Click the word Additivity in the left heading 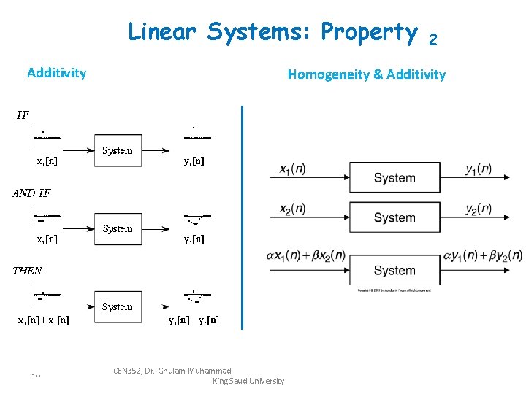click(x=56, y=73)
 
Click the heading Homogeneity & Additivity click(x=366, y=74)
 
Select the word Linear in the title click(x=163, y=32)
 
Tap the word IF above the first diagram click(x=23, y=115)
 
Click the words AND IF click(x=31, y=193)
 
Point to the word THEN click(x=28, y=271)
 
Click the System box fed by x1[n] click(x=118, y=151)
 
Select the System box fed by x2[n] click(x=118, y=229)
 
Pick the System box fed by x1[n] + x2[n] click(x=118, y=307)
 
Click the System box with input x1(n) click(x=394, y=177)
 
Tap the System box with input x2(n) click(x=394, y=217)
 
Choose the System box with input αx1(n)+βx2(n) click(x=394, y=270)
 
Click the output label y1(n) click(x=479, y=169)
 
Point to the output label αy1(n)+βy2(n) click(x=483, y=255)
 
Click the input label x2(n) click(x=292, y=209)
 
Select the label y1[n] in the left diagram click(x=194, y=162)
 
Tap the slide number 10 click(x=35, y=376)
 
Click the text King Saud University click(x=248, y=381)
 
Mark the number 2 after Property click(x=432, y=40)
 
